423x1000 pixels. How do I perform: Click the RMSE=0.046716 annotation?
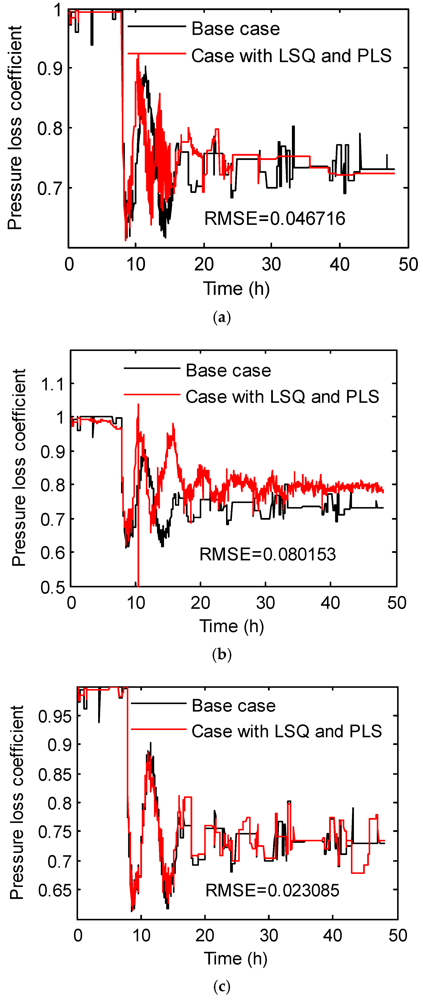tap(275, 219)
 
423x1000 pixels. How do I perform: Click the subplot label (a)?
tap(222, 318)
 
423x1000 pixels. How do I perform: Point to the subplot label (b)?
tap(222, 655)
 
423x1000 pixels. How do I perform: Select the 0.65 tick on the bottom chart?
tap(55, 890)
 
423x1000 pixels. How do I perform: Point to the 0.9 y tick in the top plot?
tap(50, 69)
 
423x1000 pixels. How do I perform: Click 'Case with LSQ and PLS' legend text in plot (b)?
tap(282, 397)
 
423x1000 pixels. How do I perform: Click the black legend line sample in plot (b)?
tap(152, 368)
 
